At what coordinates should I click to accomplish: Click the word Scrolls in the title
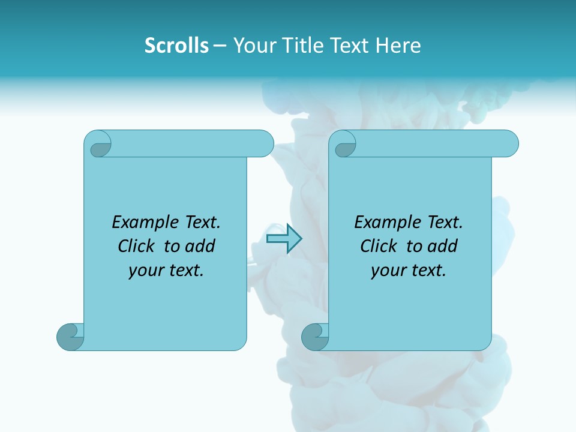(x=176, y=46)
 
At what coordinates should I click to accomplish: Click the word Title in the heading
(x=306, y=46)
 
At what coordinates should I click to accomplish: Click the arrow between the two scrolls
(x=284, y=239)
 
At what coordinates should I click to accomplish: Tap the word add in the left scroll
(x=200, y=247)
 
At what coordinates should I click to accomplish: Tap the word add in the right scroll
(x=442, y=247)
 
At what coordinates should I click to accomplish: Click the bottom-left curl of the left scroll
(x=70, y=336)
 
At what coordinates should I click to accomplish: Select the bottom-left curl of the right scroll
(x=314, y=336)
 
